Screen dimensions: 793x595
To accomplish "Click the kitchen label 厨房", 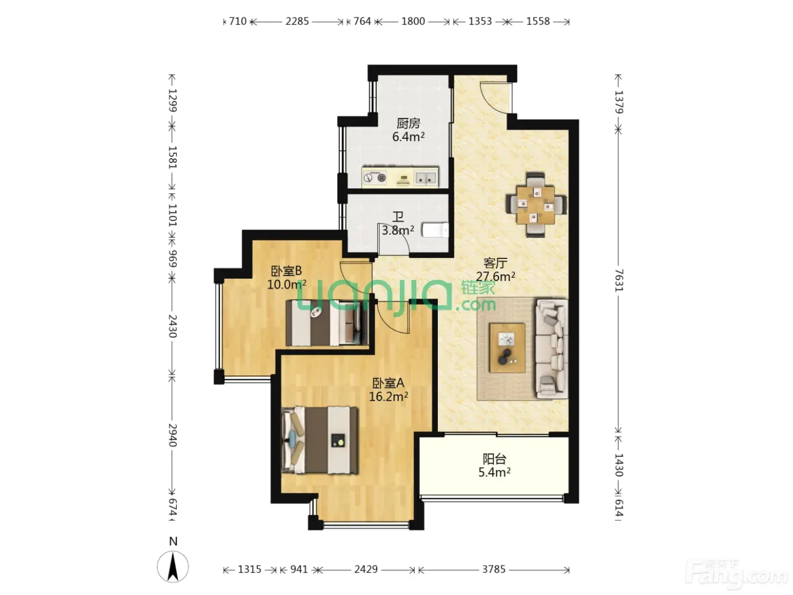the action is tap(408, 124).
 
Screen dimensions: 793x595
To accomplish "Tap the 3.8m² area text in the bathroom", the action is tap(398, 230).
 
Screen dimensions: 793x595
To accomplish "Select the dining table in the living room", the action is tap(535, 205).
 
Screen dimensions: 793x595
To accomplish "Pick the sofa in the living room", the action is tap(552, 348).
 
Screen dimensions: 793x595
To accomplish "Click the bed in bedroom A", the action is tap(320, 440).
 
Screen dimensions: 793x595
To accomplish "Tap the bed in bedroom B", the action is tap(327, 322).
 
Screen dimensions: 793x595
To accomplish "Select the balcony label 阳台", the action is tap(494, 459).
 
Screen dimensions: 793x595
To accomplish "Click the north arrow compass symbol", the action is tap(173, 566).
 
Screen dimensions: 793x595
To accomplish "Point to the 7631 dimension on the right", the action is tap(619, 280).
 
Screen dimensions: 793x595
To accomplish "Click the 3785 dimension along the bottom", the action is tap(494, 569).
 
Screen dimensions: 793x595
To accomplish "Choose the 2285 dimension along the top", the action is tap(297, 22).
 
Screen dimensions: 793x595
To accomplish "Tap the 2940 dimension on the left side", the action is tap(172, 435).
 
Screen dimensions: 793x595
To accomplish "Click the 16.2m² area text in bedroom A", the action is tap(389, 397).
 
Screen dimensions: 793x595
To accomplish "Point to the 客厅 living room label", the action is tap(495, 263).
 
